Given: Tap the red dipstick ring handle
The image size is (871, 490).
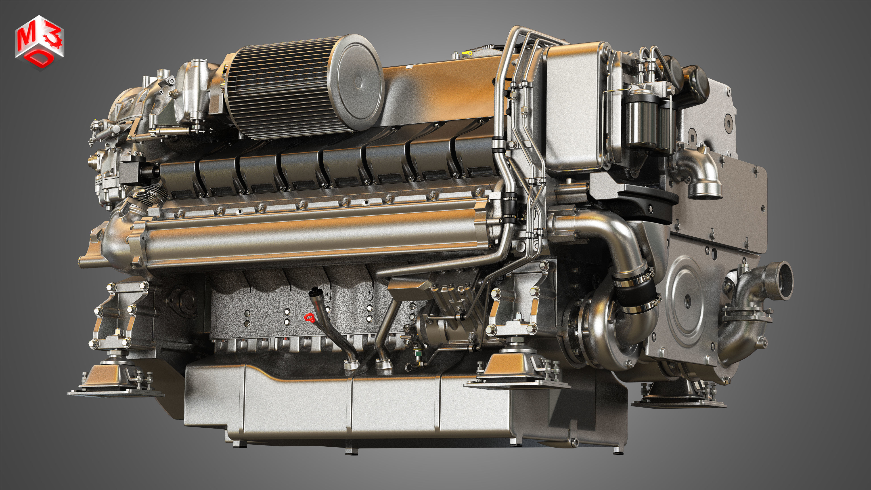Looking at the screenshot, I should [309, 318].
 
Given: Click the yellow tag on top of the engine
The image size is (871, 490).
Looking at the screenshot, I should [468, 53].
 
